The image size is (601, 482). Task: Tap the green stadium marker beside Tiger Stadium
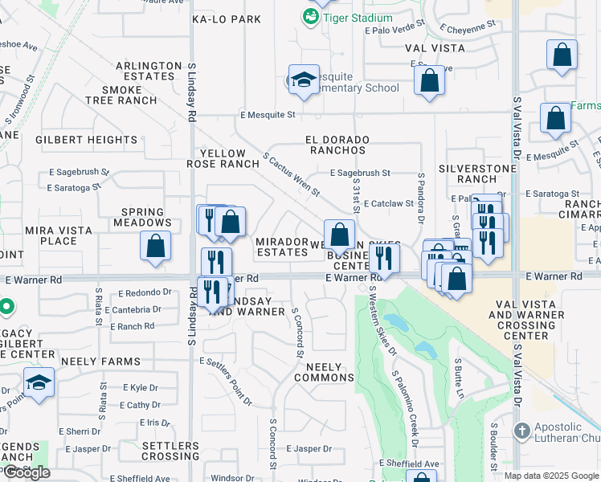(309, 15)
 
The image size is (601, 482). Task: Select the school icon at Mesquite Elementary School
(304, 80)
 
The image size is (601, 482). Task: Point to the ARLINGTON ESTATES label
(149, 71)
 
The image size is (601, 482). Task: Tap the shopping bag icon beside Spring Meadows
(156, 247)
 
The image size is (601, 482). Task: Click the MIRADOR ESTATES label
(282, 247)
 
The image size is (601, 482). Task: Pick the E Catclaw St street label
(388, 203)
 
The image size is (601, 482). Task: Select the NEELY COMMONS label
(324, 372)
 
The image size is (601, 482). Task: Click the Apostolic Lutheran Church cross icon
(522, 430)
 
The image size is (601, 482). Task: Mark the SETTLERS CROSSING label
(170, 451)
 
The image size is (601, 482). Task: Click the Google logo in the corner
(27, 472)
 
